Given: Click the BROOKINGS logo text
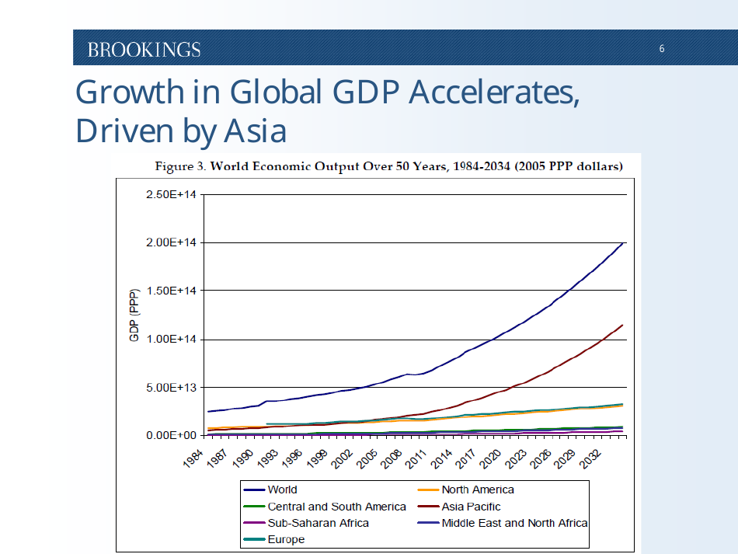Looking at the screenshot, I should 144,50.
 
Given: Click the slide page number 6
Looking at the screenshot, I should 662,49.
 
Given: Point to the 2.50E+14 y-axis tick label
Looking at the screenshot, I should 170,194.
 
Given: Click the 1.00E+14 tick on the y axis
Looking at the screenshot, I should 170,339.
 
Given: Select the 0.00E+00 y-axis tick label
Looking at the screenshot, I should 170,435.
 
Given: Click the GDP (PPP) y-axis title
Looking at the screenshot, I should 134,315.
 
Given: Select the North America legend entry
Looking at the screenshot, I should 477,490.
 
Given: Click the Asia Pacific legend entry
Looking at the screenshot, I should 471,507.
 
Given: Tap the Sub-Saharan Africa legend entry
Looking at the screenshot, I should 318,523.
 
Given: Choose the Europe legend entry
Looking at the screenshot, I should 286,539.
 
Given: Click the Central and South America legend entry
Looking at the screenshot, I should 336,507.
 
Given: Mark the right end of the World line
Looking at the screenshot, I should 623,243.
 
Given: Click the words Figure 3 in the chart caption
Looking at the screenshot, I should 179,166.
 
